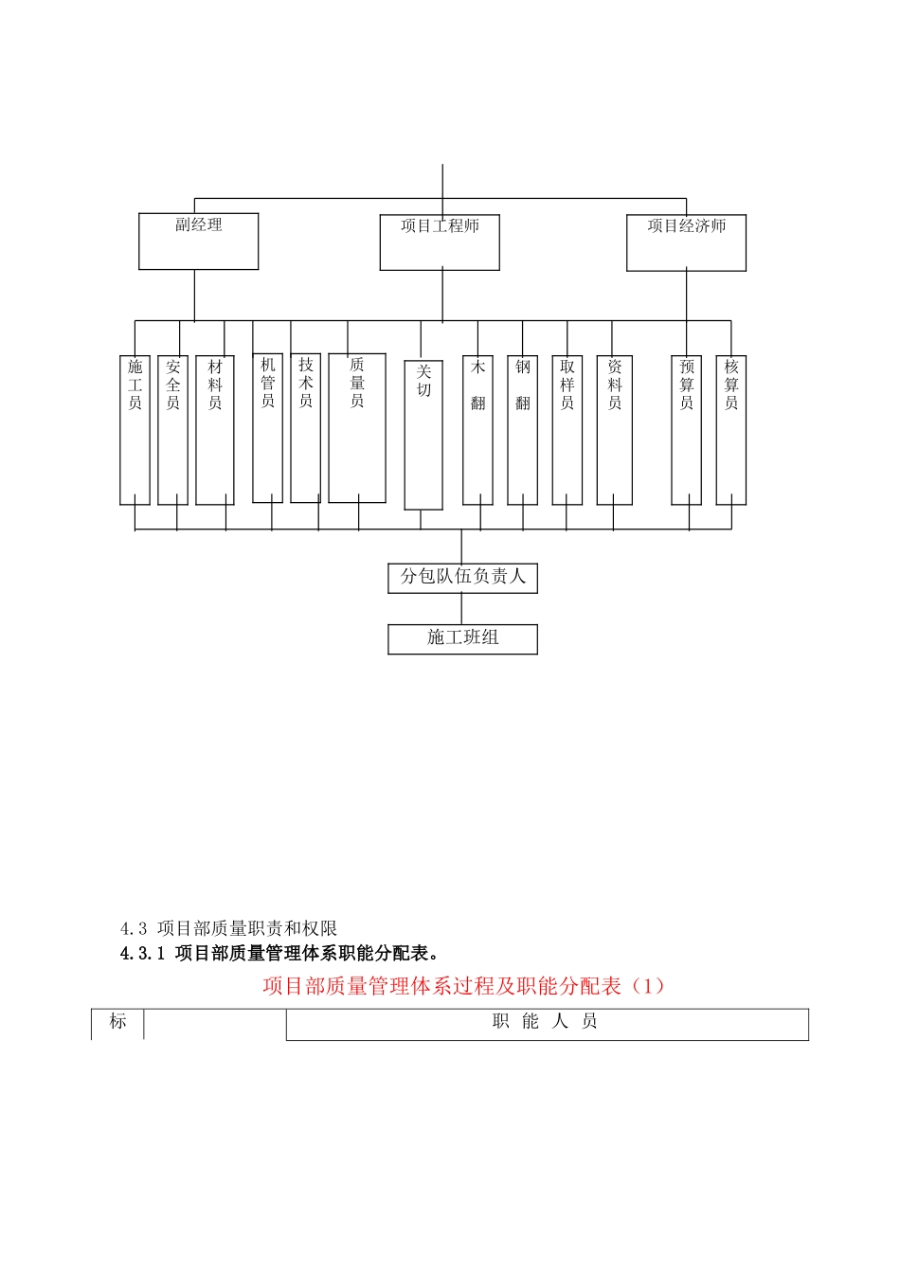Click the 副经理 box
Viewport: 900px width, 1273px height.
198,242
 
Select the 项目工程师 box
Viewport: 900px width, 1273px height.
440,242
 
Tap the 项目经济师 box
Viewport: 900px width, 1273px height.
686,242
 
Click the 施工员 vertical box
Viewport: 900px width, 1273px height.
135,430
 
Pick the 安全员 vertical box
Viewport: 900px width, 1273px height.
172,430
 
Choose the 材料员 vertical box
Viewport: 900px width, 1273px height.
215,430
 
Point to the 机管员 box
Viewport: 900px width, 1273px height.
267,427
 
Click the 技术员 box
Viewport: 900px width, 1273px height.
305,427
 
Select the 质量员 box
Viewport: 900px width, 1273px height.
357,427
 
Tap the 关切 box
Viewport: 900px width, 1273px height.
423,435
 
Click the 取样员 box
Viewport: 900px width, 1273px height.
567,430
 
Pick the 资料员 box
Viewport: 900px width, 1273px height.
615,430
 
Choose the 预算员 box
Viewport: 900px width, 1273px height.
686,430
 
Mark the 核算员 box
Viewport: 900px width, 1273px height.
730,430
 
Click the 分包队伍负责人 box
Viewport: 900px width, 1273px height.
462,578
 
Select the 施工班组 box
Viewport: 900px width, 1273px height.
462,638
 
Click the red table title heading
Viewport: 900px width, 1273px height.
464,986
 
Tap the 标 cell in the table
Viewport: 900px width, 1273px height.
117,1023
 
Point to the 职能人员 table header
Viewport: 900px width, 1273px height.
547,1023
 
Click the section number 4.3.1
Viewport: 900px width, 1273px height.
142,954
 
